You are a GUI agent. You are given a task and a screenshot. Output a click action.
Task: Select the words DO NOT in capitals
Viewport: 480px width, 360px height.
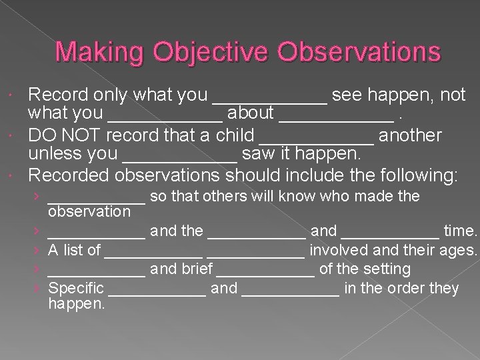tap(64, 136)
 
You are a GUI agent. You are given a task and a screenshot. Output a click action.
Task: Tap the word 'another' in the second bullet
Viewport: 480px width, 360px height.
tap(410, 136)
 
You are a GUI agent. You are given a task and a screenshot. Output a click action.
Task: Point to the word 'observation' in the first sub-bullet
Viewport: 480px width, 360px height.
tap(90, 212)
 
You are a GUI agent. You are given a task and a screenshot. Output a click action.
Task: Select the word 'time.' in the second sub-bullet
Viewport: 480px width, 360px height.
tap(461, 231)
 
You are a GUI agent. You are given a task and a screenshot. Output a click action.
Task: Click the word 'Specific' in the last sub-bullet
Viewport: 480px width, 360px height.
tap(77, 289)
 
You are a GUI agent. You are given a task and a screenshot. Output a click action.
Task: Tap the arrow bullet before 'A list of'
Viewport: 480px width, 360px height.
tap(41, 251)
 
